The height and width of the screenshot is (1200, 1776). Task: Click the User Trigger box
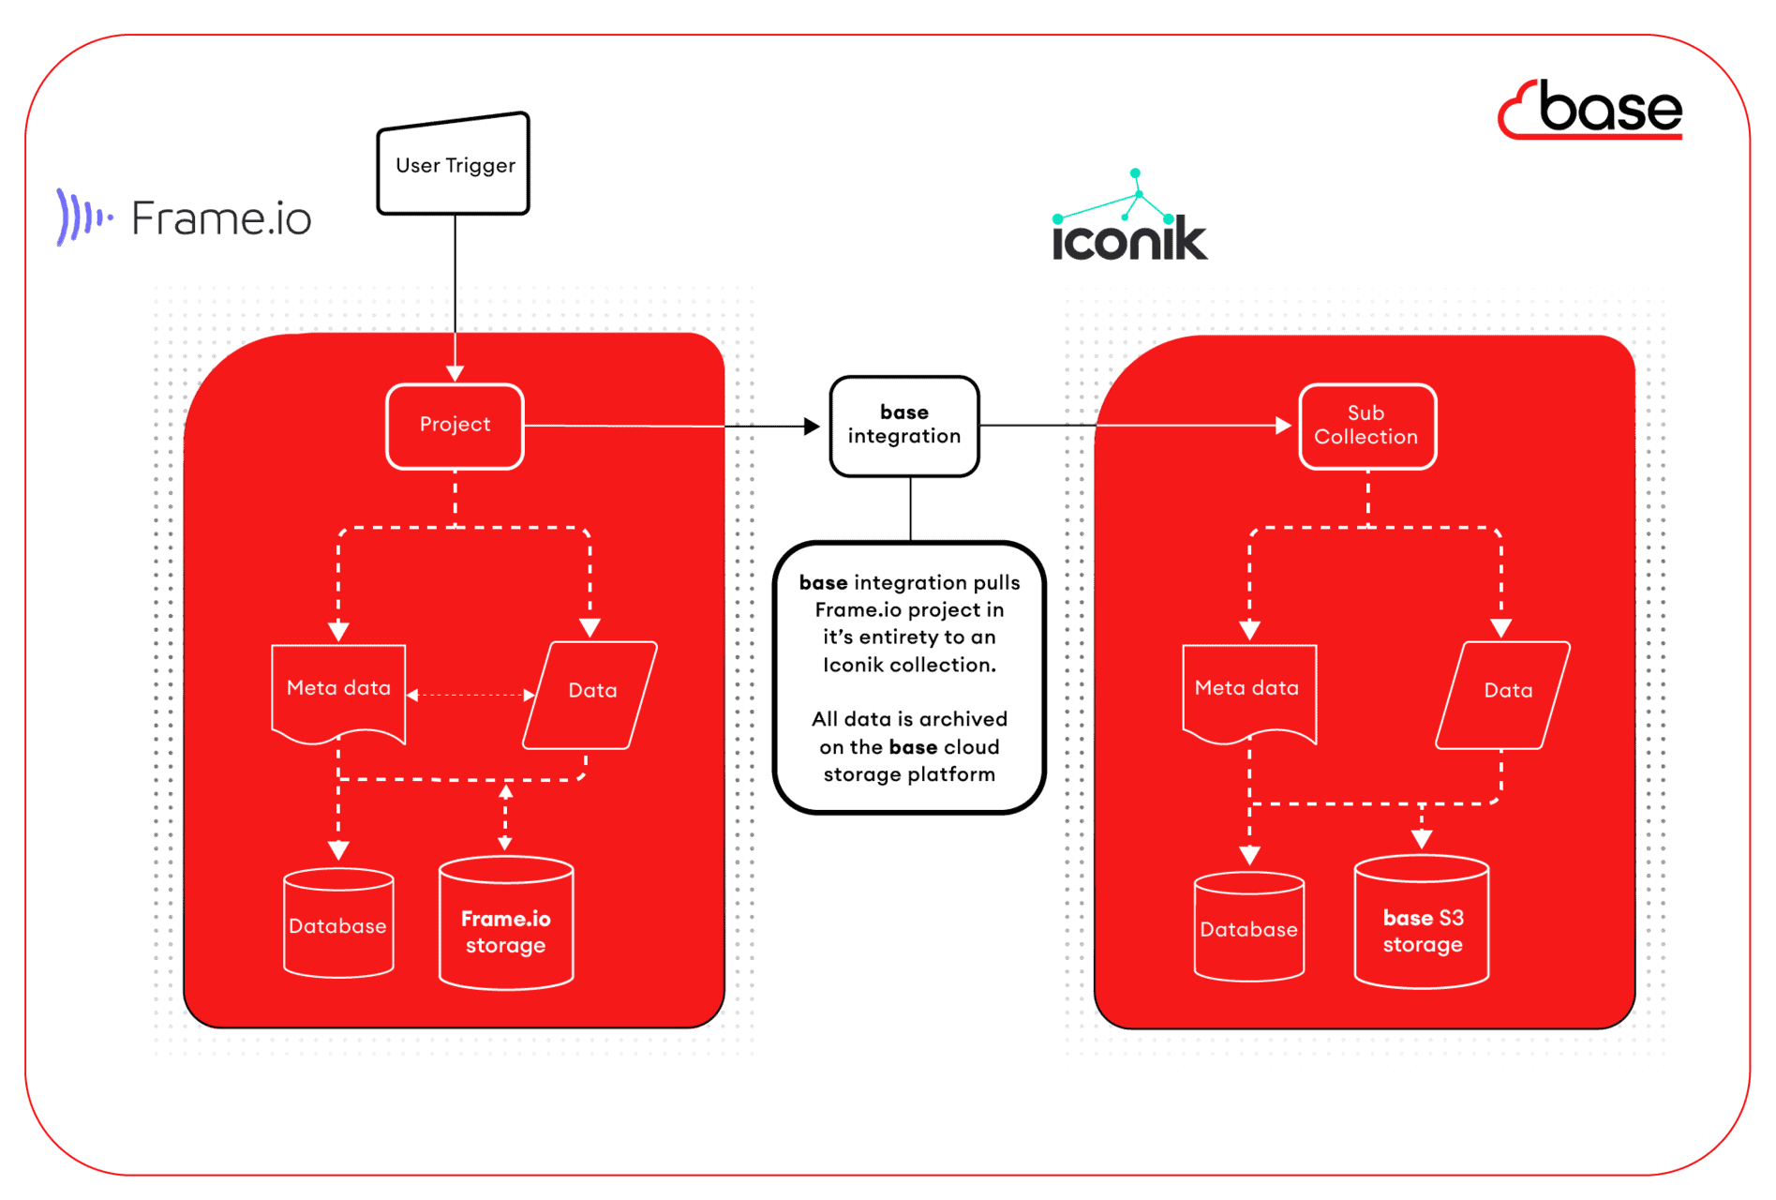point(455,165)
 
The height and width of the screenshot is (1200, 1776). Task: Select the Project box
point(455,425)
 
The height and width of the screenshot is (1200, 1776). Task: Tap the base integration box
point(904,425)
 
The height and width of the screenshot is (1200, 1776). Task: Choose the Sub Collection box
point(1366,425)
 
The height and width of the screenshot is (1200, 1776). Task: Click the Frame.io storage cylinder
point(506,928)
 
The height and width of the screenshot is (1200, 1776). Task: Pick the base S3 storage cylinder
point(1422,928)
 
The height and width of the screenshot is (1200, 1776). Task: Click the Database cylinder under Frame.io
point(338,925)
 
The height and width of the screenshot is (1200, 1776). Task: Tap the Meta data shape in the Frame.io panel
point(338,691)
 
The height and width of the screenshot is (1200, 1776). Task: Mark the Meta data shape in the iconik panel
point(1248,691)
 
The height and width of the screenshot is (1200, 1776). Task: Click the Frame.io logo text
point(220,218)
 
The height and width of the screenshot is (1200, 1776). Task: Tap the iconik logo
point(1129,225)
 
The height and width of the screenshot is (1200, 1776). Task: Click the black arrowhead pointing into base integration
point(812,427)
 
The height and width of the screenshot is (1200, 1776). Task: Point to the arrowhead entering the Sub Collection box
point(1283,426)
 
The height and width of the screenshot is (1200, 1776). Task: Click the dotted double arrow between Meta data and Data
point(471,695)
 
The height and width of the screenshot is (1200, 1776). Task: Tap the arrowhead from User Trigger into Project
point(455,373)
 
